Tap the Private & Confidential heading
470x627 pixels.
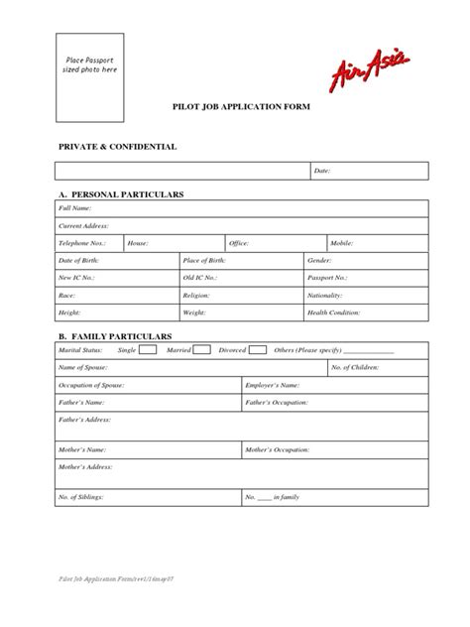pyautogui.click(x=117, y=146)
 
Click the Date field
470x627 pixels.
pyautogui.click(x=367, y=171)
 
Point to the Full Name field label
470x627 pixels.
pyautogui.click(x=74, y=208)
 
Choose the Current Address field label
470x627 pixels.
pyautogui.click(x=83, y=225)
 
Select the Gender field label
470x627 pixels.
pyautogui.click(x=319, y=260)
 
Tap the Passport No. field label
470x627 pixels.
pyautogui.click(x=327, y=278)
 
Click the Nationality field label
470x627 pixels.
pyautogui.click(x=325, y=295)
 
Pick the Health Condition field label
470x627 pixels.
pyautogui.click(x=333, y=313)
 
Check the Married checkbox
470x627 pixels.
pyautogui.click(x=201, y=349)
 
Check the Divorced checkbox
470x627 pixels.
pyautogui.click(x=258, y=349)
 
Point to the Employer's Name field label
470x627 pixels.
pyautogui.click(x=272, y=384)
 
